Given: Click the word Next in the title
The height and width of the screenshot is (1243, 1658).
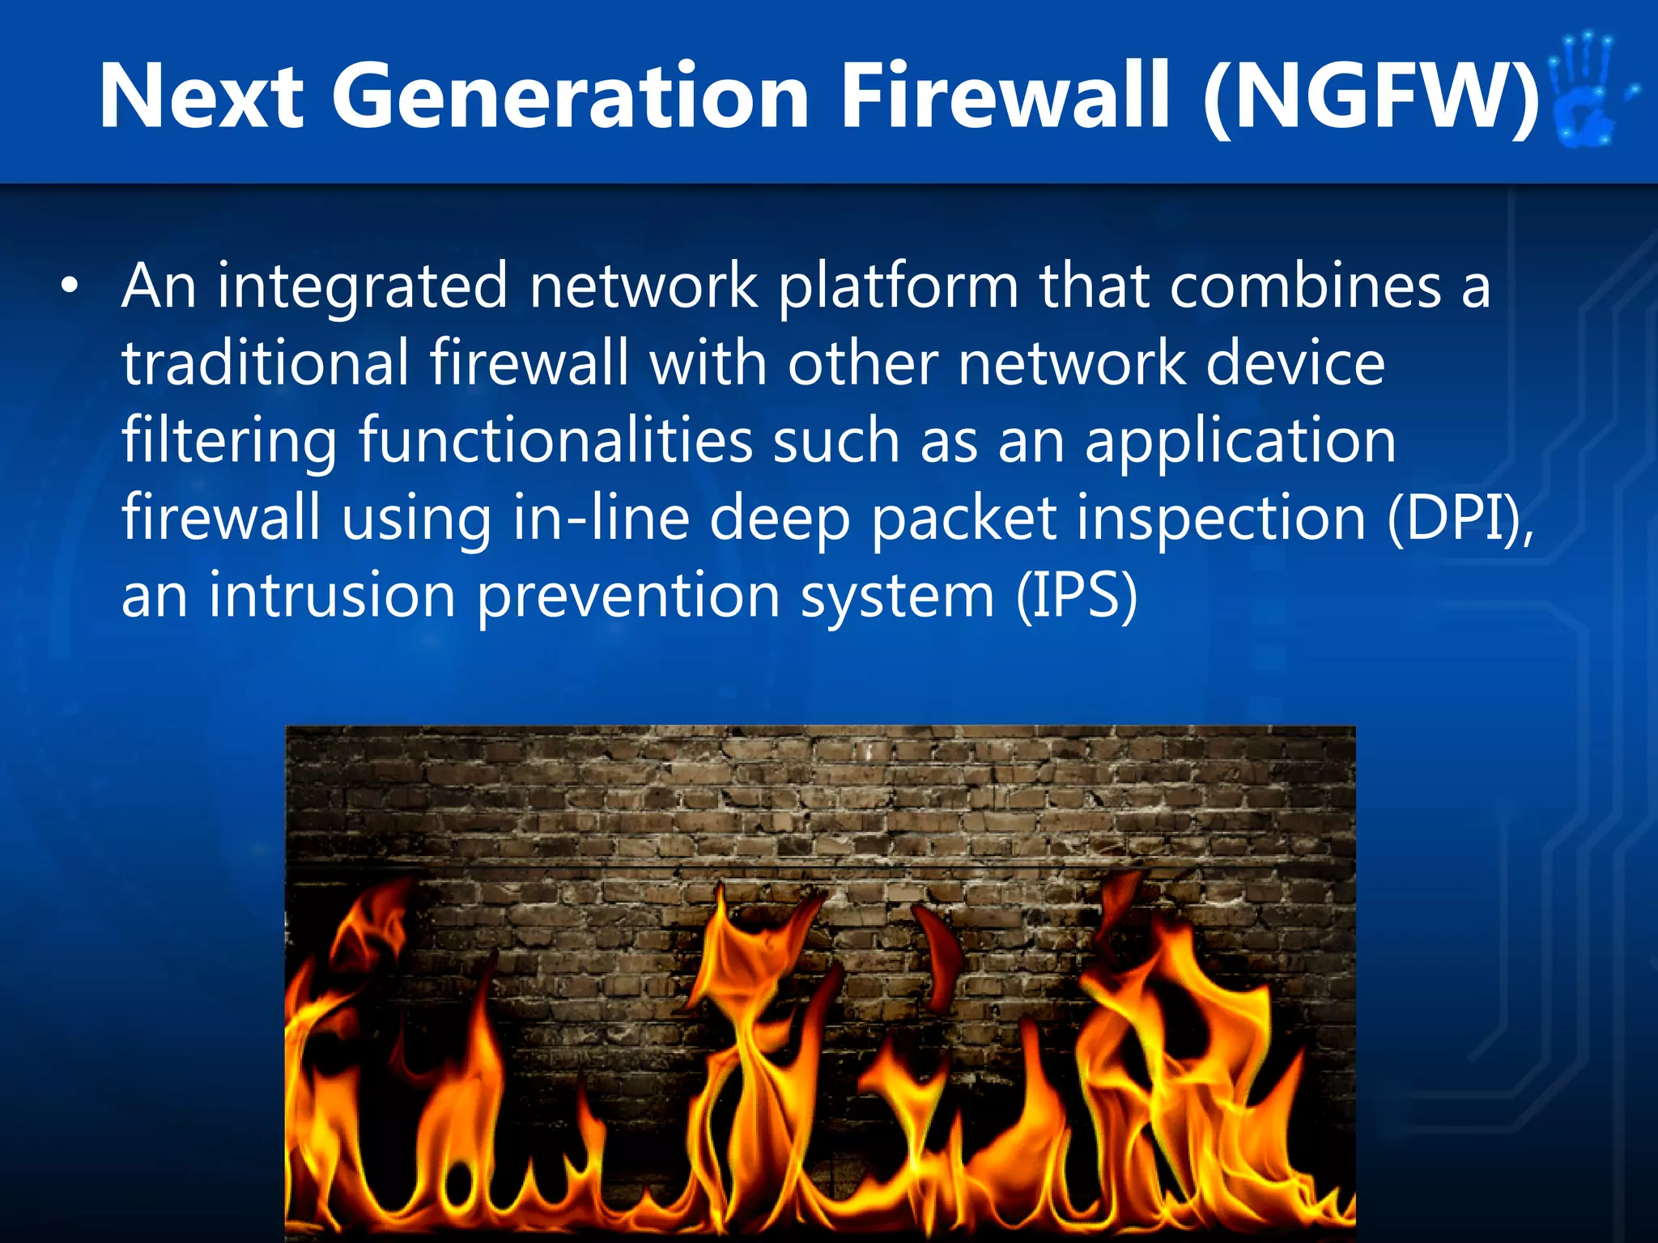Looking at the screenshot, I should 201,97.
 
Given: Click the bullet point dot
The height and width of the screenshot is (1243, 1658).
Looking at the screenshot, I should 71,287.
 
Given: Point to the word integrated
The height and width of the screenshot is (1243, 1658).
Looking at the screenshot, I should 362,287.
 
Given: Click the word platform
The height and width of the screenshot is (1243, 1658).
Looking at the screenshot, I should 899,287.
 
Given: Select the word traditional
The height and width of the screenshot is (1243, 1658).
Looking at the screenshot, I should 266,363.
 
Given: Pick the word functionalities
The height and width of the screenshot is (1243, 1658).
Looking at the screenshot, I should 555,441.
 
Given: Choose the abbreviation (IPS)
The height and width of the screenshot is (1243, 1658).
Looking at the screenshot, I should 1077,596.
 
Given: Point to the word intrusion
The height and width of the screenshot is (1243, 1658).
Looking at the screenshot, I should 333,596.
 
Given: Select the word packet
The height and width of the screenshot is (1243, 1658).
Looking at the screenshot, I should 963,518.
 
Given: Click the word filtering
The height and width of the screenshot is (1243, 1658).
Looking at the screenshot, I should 229,441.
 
